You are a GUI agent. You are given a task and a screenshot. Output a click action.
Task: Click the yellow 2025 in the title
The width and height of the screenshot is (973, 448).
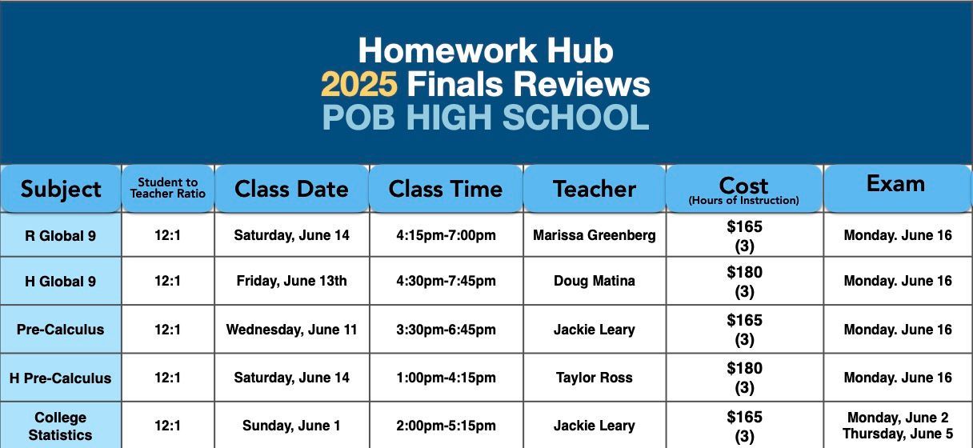[x=359, y=84]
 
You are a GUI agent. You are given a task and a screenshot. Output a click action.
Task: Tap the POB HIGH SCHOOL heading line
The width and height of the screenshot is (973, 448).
[x=486, y=118]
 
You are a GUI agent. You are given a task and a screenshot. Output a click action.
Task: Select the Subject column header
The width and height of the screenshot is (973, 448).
[x=61, y=190]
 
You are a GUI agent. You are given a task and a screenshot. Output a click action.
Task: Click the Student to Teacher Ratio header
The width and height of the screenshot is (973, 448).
[x=168, y=188]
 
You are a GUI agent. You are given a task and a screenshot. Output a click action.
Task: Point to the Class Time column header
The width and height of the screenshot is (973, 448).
[x=446, y=189]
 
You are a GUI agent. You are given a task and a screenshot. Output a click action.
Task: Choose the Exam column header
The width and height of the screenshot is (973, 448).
[x=895, y=184]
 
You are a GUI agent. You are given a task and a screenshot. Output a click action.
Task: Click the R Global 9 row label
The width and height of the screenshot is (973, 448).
[x=60, y=236]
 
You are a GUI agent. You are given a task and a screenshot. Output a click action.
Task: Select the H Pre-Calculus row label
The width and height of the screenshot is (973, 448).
[x=60, y=378]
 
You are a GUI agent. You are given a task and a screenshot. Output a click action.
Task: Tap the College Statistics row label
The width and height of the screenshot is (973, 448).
[x=60, y=426]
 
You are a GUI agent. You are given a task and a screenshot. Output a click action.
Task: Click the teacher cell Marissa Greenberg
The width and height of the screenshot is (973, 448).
[x=595, y=235]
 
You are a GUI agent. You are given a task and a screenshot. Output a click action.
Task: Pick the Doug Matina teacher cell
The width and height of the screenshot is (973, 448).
[x=595, y=281]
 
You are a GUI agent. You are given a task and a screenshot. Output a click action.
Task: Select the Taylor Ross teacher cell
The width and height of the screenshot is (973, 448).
[x=595, y=378]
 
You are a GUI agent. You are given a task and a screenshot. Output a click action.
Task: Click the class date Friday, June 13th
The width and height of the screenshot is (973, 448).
[x=291, y=281]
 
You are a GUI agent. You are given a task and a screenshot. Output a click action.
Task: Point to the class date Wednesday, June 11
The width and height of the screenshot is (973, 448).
[x=291, y=330]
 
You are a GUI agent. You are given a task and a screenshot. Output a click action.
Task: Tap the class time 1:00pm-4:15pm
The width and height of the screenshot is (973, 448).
[x=446, y=378]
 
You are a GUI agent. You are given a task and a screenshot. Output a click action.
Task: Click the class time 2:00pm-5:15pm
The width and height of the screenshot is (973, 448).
[x=446, y=426]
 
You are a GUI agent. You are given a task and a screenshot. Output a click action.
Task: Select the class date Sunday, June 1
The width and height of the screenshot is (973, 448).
[x=291, y=426]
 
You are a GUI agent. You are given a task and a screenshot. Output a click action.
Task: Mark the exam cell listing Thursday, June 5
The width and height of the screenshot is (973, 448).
[x=898, y=434]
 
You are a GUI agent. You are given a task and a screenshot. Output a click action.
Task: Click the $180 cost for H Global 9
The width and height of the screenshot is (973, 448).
[x=744, y=272]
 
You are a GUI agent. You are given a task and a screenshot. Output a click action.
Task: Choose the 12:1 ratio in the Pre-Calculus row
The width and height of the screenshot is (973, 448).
[x=168, y=330]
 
